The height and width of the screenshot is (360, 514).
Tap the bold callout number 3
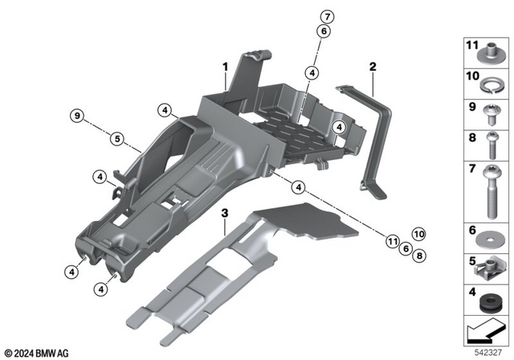click(226, 213)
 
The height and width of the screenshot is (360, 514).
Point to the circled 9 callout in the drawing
click(76, 117)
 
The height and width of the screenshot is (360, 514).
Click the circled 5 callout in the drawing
click(116, 138)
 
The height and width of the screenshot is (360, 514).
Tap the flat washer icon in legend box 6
click(488, 239)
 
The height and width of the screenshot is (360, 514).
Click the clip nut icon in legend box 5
click(488, 265)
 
